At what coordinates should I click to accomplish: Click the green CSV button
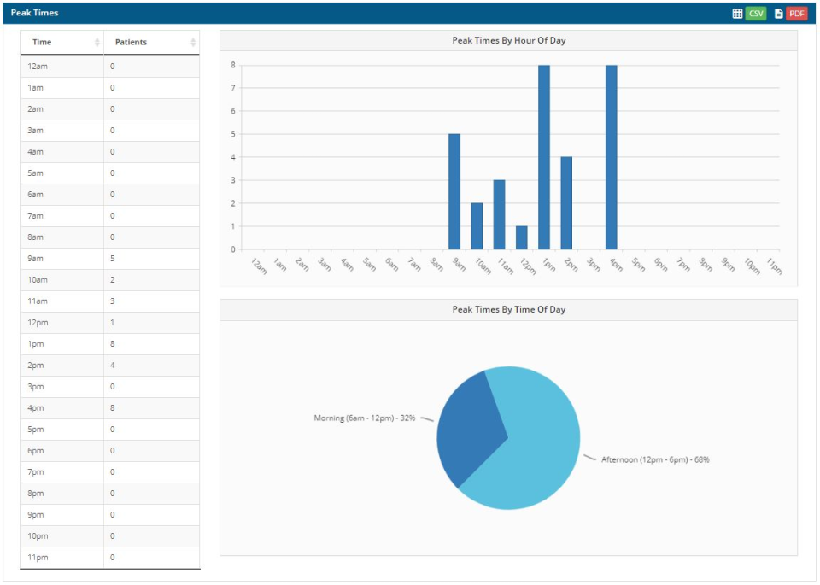[756, 14]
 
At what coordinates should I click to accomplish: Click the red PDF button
[796, 14]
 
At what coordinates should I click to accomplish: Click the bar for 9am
[454, 191]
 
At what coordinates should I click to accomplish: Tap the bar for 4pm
[611, 157]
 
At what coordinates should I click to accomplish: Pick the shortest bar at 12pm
[522, 238]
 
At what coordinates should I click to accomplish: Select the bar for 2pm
[566, 203]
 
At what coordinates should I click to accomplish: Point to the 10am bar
[477, 226]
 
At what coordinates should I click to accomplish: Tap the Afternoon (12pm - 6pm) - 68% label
[655, 459]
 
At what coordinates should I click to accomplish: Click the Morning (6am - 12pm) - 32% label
[365, 418]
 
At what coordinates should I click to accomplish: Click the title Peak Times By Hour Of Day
[508, 40]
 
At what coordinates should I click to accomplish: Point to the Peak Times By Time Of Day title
[508, 309]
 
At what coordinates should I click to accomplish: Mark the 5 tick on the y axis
[232, 134]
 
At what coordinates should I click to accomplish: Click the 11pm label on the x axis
[774, 266]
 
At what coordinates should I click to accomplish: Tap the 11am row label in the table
[36, 301]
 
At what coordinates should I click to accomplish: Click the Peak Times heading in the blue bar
[34, 13]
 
